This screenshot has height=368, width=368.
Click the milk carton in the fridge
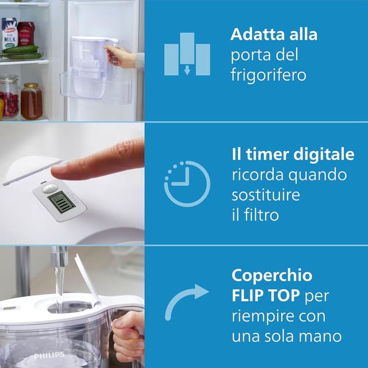pyautogui.click(x=9, y=34)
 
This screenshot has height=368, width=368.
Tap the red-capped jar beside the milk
pyautogui.click(x=26, y=33)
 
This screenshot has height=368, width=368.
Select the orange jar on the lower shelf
pyautogui.click(x=31, y=102)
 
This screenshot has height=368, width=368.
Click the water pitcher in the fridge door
pyautogui.click(x=93, y=63)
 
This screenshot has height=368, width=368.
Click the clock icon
pyautogui.click(x=187, y=184)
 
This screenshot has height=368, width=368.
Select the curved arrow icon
pyautogui.click(x=186, y=301)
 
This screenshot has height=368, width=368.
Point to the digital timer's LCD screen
pyautogui.click(x=60, y=202)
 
